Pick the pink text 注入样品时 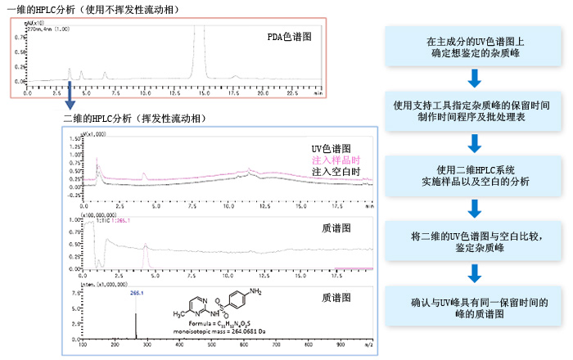click(336, 160)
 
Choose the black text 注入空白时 click(336, 171)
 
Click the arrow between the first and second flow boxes click(473, 79)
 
